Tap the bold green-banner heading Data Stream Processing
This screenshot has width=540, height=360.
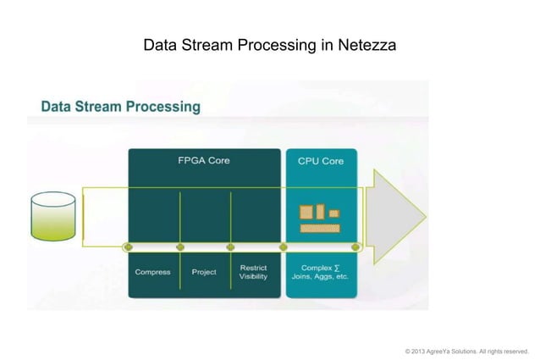(x=121, y=108)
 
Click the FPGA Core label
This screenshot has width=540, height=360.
(x=203, y=160)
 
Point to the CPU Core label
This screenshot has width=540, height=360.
(x=321, y=161)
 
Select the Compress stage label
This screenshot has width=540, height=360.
(x=153, y=272)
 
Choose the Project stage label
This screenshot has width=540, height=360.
(x=203, y=272)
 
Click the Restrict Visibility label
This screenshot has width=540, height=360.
(x=253, y=272)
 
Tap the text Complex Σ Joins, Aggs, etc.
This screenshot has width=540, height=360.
(x=320, y=272)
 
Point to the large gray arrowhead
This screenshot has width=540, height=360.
(x=398, y=212)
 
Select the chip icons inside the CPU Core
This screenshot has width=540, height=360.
(x=319, y=218)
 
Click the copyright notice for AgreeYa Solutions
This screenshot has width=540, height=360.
(x=466, y=351)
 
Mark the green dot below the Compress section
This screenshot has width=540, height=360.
(x=128, y=247)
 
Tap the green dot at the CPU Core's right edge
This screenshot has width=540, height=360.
(x=355, y=247)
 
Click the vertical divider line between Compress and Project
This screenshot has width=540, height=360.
(x=179, y=219)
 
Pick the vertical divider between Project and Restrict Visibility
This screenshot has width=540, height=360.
(x=230, y=219)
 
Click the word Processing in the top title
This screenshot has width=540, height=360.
(x=277, y=44)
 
